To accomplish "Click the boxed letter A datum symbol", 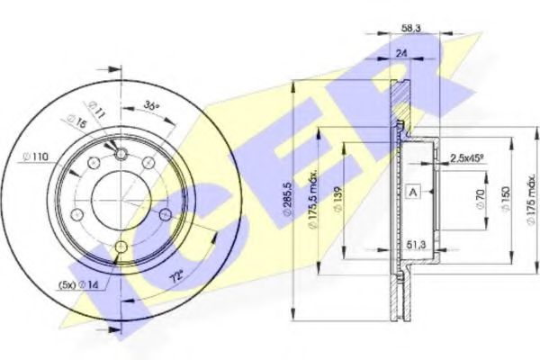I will (413, 191).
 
